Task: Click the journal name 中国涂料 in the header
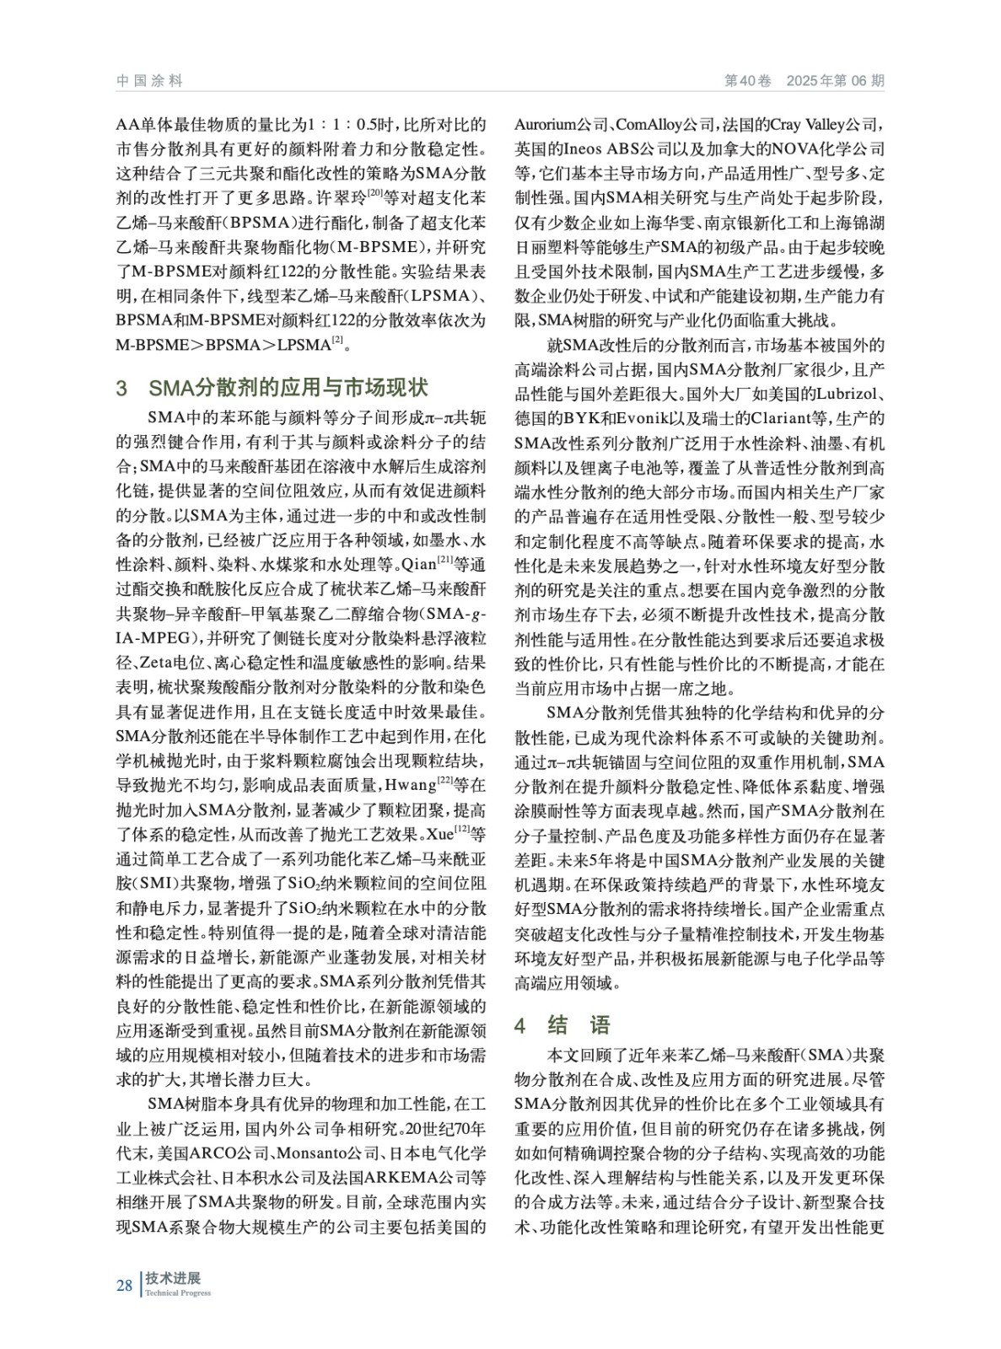coord(149,81)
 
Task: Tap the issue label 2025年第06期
coord(835,81)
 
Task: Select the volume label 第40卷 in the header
coord(749,81)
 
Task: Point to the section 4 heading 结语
coord(579,1025)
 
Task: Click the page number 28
coord(124,1285)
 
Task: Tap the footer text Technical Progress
coord(178,1293)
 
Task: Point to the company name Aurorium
coord(547,126)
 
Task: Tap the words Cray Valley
coord(831,126)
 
